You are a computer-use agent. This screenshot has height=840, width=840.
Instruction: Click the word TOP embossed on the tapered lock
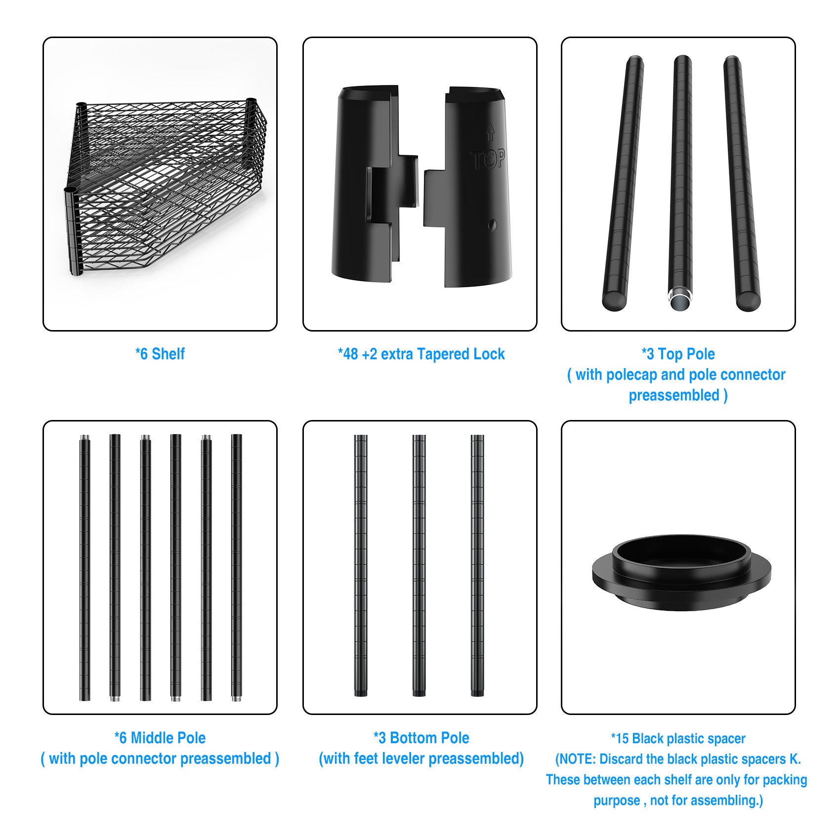488,160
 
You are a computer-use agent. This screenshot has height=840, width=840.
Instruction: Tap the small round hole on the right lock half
492,225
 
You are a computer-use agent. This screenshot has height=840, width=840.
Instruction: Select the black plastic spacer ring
681,574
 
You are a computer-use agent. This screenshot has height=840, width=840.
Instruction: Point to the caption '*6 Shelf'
160,354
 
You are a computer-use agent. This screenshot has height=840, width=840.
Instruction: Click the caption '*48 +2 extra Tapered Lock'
421,354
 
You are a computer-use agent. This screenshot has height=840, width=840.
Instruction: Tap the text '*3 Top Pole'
678,354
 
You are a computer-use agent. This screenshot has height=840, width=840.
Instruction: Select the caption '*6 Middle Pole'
160,738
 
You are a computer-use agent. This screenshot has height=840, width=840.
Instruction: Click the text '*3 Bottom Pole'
421,738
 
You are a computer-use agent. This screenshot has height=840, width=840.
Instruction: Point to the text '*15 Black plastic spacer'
678,738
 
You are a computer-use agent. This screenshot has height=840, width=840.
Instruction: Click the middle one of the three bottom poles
419,565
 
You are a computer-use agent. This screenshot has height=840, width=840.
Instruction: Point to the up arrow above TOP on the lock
490,132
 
